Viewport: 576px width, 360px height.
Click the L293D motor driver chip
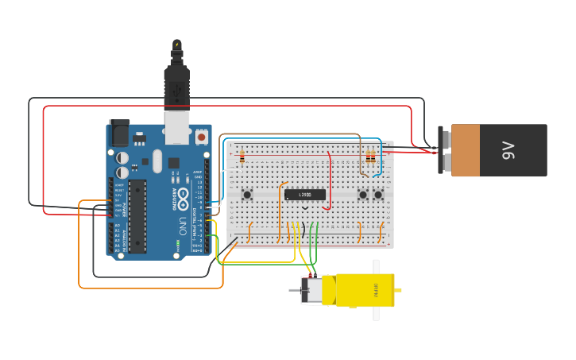305,195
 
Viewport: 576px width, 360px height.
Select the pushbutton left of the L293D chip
247,195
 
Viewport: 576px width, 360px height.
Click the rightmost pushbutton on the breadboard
378,195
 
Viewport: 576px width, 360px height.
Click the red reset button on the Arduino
201,137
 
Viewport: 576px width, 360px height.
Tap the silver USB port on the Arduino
176,126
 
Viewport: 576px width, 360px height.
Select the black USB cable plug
176,83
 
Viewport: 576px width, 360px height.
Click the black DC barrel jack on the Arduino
119,133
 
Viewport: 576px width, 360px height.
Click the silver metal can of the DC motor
311,290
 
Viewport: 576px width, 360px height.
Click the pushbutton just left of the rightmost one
363,195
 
